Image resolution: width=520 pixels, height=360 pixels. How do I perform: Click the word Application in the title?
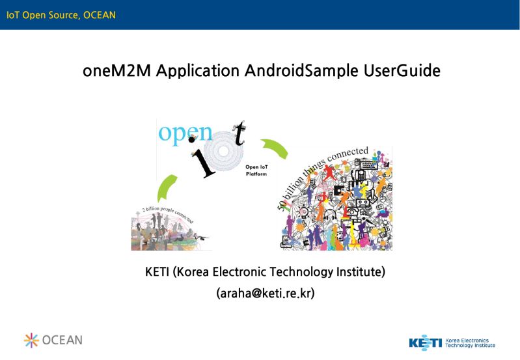tap(198, 71)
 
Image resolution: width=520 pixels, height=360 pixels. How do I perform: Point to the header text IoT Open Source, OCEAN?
tap(61, 14)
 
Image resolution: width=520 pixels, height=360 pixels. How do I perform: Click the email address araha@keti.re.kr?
tap(265, 294)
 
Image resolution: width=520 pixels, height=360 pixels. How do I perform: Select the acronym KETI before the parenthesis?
tap(157, 271)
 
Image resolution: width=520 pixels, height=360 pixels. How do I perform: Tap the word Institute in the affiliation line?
tap(357, 271)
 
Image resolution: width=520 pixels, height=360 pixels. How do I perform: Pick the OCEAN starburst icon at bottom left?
tap(31, 340)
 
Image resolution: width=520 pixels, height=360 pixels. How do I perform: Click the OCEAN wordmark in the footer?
tap(62, 340)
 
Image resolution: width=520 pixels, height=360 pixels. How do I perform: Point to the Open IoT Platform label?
tap(256, 171)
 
